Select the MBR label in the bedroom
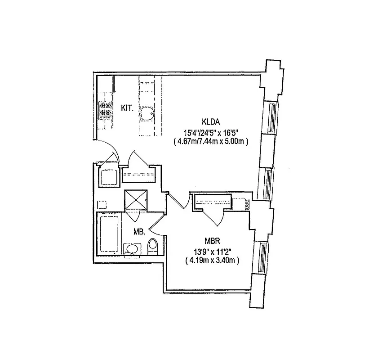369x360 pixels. pyautogui.click(x=211, y=240)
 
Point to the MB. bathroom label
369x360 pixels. pyautogui.click(x=139, y=232)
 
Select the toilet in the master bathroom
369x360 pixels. pyautogui.click(x=152, y=246)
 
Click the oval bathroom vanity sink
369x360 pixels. pyautogui.click(x=132, y=249)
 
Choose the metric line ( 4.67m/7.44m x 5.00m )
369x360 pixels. pyautogui.click(x=210, y=141)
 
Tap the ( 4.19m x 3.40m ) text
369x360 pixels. pyautogui.click(x=211, y=261)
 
